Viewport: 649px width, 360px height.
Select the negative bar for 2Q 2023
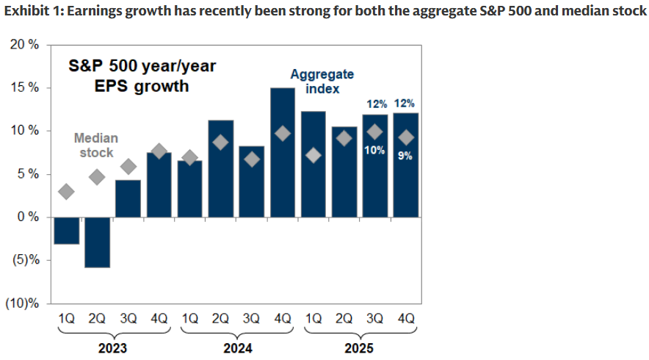click(97, 242)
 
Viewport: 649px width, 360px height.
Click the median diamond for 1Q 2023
click(66, 192)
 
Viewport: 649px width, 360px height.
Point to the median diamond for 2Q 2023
click(97, 176)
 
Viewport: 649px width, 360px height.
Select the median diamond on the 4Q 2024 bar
click(283, 133)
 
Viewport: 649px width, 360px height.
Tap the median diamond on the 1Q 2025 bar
click(313, 155)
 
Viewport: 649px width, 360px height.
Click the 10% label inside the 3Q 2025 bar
click(375, 151)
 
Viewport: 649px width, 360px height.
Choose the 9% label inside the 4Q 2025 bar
click(405, 155)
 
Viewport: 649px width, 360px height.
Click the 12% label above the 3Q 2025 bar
click(375, 104)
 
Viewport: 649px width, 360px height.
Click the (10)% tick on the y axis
click(23, 303)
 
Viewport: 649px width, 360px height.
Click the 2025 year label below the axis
click(360, 348)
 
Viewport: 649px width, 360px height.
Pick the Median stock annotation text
click(95, 145)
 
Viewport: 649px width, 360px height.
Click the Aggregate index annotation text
click(322, 82)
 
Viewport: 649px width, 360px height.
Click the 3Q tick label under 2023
click(128, 320)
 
